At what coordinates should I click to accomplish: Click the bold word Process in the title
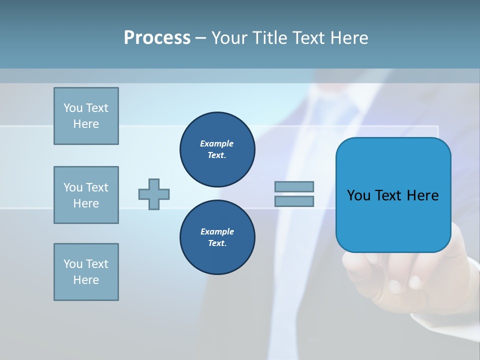click(x=157, y=38)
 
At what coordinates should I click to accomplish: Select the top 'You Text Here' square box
click(x=86, y=116)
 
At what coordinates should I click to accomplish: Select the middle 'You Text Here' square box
click(x=86, y=195)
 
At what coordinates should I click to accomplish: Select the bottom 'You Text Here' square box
click(x=86, y=272)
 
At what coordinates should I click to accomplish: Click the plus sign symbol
click(x=154, y=194)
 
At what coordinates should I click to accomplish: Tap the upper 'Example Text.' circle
click(x=217, y=149)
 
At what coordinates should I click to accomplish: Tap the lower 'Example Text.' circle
click(x=217, y=237)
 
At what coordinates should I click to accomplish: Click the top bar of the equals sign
click(x=294, y=187)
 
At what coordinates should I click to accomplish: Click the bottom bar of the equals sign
click(x=294, y=201)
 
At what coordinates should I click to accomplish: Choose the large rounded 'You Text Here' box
click(x=393, y=195)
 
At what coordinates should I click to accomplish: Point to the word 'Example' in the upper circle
click(x=217, y=143)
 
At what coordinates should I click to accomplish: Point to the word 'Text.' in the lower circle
click(x=217, y=243)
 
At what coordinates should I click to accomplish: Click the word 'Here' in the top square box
click(x=86, y=124)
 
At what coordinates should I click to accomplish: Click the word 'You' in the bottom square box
click(x=73, y=264)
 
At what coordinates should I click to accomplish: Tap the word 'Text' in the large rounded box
click(x=391, y=195)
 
